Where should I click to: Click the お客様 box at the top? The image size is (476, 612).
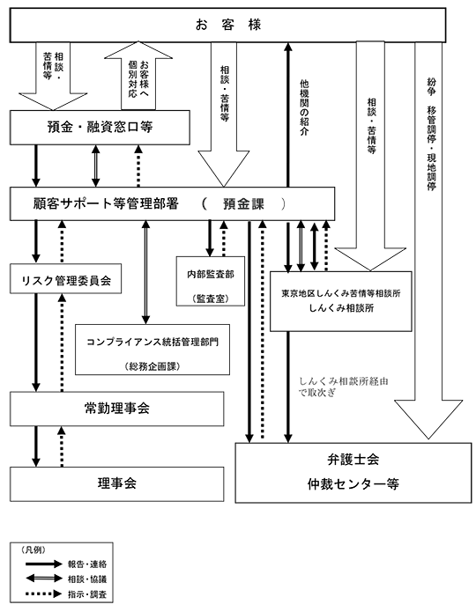[227, 25]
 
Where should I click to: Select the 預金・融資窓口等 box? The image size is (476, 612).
[100, 127]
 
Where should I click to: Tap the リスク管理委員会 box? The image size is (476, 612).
[65, 278]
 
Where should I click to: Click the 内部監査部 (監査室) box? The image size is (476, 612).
[211, 281]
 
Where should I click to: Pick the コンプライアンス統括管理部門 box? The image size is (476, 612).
[152, 350]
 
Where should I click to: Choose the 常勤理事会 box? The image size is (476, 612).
[117, 409]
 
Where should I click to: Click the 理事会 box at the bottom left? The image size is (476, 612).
[117, 484]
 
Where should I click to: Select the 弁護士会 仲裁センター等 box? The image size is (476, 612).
[353, 473]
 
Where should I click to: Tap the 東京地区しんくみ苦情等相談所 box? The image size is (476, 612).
[341, 301]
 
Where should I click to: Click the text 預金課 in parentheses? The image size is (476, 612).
[243, 204]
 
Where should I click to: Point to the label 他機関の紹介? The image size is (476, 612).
[304, 107]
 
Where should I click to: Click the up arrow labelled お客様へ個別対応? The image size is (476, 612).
[138, 76]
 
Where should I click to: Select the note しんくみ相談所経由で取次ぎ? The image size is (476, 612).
[343, 387]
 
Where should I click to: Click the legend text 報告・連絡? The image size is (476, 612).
[87, 564]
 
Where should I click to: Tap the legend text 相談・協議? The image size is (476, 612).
[87, 579]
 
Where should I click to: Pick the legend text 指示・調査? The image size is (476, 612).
[87, 594]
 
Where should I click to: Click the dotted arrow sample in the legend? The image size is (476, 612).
[44, 594]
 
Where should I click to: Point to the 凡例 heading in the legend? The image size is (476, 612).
[33, 550]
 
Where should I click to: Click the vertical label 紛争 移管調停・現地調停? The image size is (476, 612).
[431, 134]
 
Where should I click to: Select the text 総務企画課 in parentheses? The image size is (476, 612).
[152, 366]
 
